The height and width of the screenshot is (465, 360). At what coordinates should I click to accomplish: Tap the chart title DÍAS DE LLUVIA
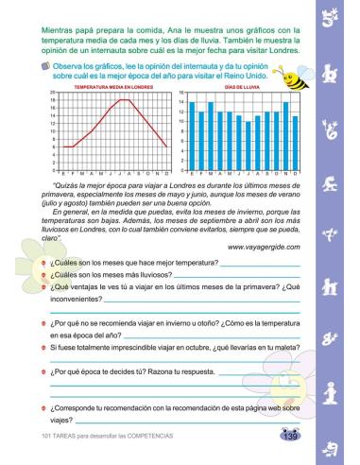242,86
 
